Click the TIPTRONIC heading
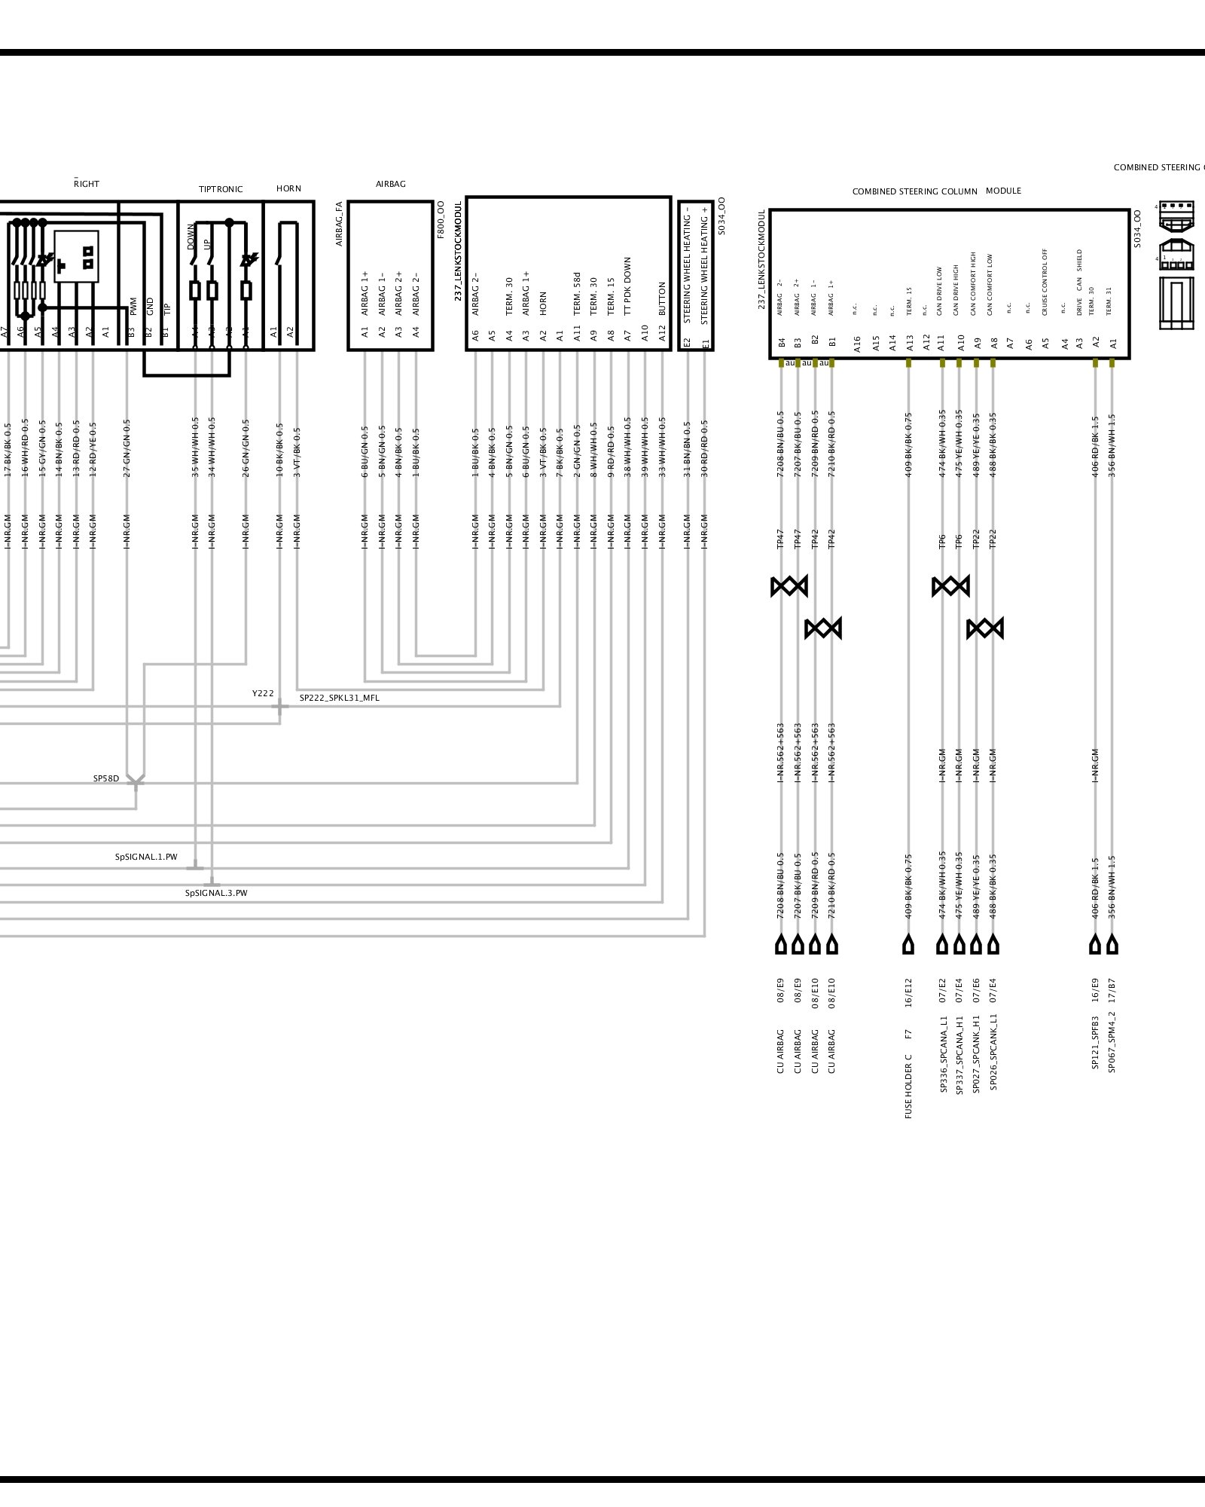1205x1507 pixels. [221, 189]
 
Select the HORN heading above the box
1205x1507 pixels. [288, 188]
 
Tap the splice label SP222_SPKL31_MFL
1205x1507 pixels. [339, 698]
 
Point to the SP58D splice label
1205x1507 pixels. [106, 778]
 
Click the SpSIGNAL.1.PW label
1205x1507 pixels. [146, 857]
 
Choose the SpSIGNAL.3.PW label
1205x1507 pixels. [216, 893]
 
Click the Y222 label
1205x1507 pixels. [263, 693]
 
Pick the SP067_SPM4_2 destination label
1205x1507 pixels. [1112, 1044]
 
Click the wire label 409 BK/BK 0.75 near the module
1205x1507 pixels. [909, 445]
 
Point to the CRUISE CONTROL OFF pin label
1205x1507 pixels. [1045, 282]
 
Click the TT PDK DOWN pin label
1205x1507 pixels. [627, 286]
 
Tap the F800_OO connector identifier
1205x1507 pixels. [441, 219]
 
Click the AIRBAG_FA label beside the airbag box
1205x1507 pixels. [339, 223]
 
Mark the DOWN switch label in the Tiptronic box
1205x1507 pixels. [191, 237]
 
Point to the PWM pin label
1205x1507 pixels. [133, 306]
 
